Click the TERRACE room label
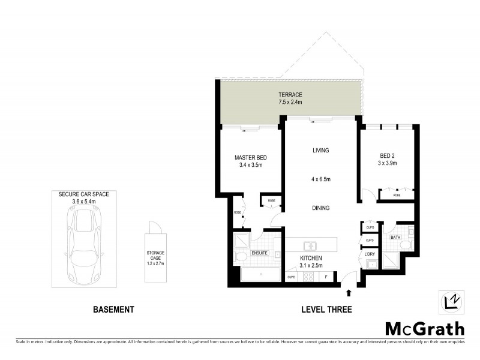(x=290, y=95)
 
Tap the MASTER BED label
(x=250, y=158)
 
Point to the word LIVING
(x=321, y=150)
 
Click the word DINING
(x=321, y=208)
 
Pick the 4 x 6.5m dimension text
(x=321, y=179)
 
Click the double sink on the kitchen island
(x=311, y=245)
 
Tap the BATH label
(x=395, y=238)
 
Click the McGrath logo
(x=424, y=328)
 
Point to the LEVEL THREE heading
(x=326, y=310)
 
